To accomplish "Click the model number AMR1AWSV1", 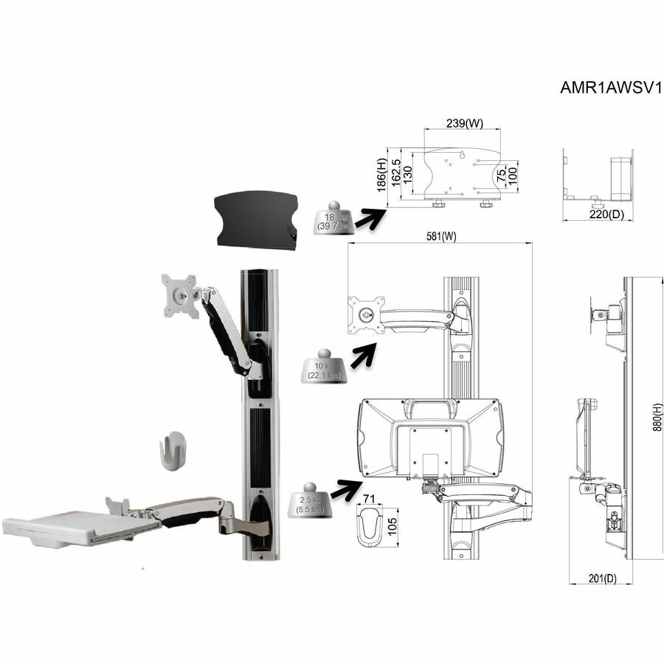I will click(x=612, y=87).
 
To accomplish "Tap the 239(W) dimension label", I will click(x=465, y=123).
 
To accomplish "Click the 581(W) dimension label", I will click(x=440, y=237).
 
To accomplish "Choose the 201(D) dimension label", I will click(x=600, y=579).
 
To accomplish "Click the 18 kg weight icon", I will click(x=333, y=219).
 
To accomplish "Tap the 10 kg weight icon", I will click(x=324, y=367).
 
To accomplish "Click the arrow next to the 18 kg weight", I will click(x=371, y=216).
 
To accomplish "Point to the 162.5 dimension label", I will click(x=395, y=174).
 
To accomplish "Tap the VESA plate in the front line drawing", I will click(x=367, y=314).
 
